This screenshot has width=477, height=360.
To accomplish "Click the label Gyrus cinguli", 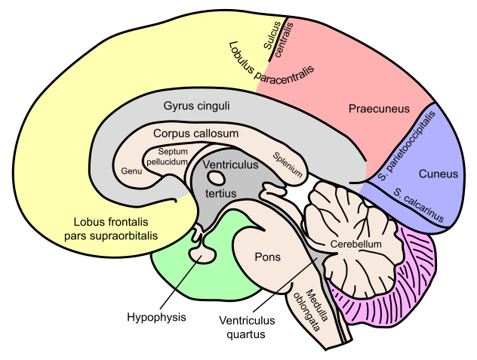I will coord(196,106).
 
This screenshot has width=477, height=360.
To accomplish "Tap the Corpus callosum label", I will coord(195,134).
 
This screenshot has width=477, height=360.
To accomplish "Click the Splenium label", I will coord(288,166).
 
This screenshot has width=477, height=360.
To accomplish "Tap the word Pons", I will coord(267,257).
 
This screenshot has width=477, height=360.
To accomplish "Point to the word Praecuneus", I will coord(379,109).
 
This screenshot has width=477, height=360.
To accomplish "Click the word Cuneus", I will coord(439,174).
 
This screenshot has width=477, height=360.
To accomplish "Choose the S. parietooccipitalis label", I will coord(408,147).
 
